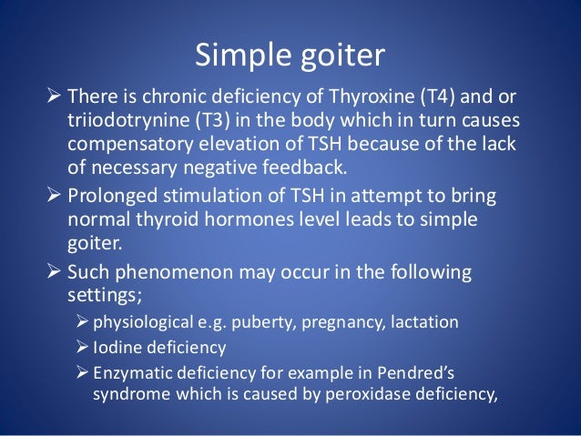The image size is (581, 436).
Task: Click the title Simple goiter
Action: click(x=290, y=56)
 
